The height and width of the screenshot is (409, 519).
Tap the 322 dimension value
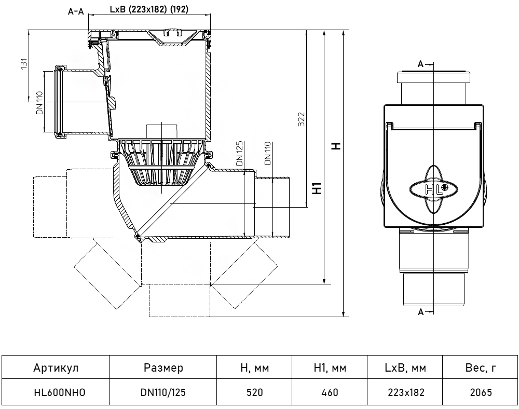pos(302,119)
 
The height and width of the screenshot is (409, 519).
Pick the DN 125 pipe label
pos(239,155)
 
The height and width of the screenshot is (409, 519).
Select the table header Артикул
pos(56,369)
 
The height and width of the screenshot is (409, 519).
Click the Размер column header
pos(163,369)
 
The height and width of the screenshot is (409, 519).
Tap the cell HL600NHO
pos(56,392)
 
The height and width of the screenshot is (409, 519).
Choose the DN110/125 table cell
pos(163,392)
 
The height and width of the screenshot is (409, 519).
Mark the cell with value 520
pos(254,392)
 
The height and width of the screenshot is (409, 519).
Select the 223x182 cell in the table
pos(405,392)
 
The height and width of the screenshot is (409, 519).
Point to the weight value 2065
pos(481,392)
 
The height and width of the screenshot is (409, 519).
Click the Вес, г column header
pos(481,369)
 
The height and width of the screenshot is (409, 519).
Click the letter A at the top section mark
pos(420,64)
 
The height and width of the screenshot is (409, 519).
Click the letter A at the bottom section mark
pos(420,312)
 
